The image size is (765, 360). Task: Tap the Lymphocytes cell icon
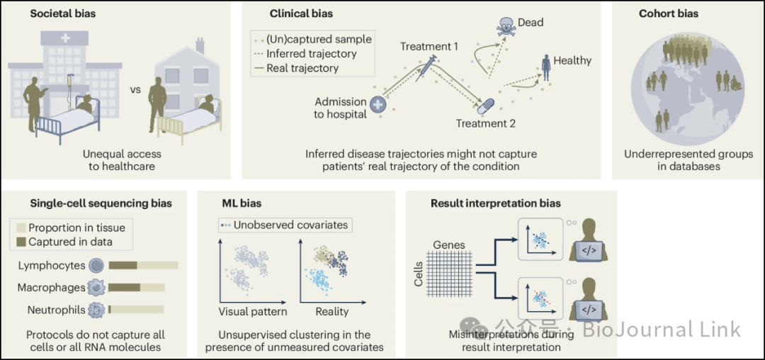pos(96,266)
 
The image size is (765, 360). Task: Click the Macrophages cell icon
pos(96,288)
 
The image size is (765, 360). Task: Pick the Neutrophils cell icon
pos(96,310)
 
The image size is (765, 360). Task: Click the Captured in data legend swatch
pos(21,242)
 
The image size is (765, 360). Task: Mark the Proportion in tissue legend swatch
pos(21,227)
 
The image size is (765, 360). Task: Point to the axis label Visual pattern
pos(253,312)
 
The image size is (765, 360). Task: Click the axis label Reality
pos(332,312)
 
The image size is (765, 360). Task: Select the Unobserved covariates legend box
pos(285,225)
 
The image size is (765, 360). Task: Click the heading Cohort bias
pos(669,13)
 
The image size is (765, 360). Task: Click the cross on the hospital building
pos(64,39)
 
